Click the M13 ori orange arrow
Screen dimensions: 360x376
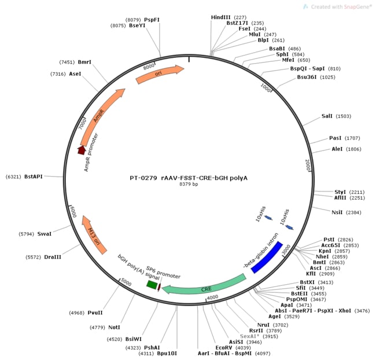(94, 234)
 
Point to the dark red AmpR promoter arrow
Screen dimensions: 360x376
(82, 150)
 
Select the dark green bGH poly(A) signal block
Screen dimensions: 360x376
(152, 285)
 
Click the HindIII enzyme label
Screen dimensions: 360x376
(220, 17)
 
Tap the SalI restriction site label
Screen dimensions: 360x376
(327, 116)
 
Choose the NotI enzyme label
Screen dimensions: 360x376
(114, 327)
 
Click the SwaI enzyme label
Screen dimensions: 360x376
(45, 234)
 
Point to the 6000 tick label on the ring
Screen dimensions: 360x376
(72, 212)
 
